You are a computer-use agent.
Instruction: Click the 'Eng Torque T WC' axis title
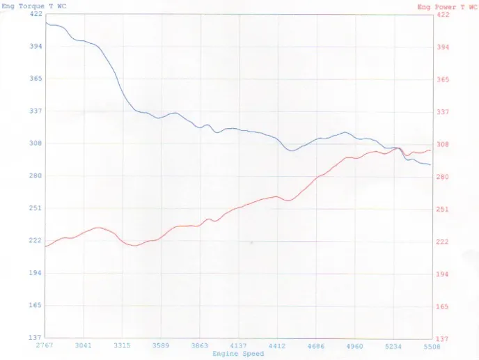click(34, 6)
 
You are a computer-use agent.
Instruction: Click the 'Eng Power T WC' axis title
click(447, 6)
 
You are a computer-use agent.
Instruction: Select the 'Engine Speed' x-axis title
click(238, 354)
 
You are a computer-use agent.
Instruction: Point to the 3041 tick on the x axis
click(83, 345)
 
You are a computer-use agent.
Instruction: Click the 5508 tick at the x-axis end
click(431, 345)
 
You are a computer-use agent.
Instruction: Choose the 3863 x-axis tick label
click(199, 345)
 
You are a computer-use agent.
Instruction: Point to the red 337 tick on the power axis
click(443, 111)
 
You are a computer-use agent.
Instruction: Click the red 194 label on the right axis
click(443, 274)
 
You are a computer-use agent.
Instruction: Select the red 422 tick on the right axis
click(443, 14)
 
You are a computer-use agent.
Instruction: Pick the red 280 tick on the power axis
click(443, 177)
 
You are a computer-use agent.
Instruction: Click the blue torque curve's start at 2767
click(46, 22)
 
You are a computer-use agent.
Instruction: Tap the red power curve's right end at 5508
click(431, 150)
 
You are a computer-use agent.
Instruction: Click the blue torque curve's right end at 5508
click(431, 165)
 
